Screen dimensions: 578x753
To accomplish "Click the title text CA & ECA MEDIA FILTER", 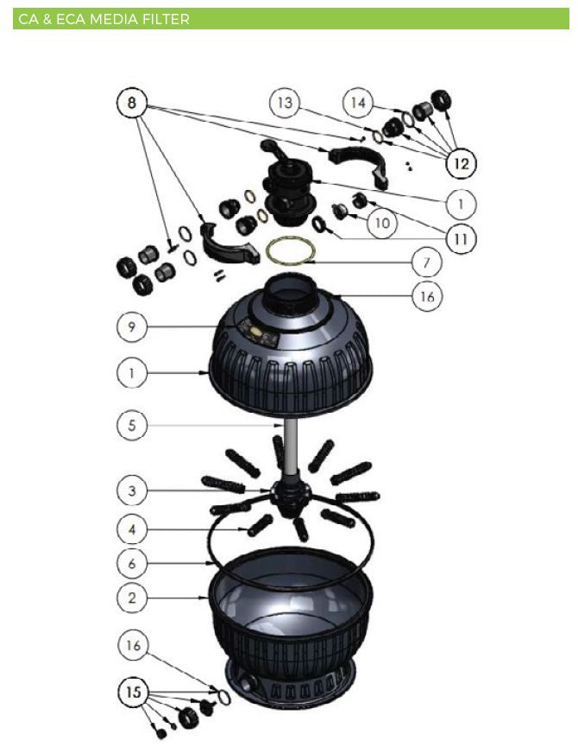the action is point(104,20).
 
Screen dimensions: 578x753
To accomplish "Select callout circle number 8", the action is point(132,103).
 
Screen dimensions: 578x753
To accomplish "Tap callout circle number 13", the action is point(285,103).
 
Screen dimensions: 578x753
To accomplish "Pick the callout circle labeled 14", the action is point(358,103).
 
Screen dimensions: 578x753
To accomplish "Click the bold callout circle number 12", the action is point(461,164).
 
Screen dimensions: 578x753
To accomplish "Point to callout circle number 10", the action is point(382,224).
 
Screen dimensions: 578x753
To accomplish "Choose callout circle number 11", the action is point(461,238).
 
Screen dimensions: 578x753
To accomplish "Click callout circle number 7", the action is point(426,263).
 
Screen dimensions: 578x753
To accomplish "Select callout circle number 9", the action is point(132,326).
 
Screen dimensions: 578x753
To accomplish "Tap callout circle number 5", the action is point(132,425).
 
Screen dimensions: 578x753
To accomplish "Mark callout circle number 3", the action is point(132,490).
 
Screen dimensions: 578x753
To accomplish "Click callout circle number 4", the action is point(132,529).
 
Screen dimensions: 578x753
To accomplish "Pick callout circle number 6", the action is point(132,563).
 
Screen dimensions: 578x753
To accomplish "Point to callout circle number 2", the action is point(132,598).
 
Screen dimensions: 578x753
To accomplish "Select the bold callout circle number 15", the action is point(134,692).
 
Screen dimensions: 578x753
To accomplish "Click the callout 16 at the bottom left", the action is point(133,645).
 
